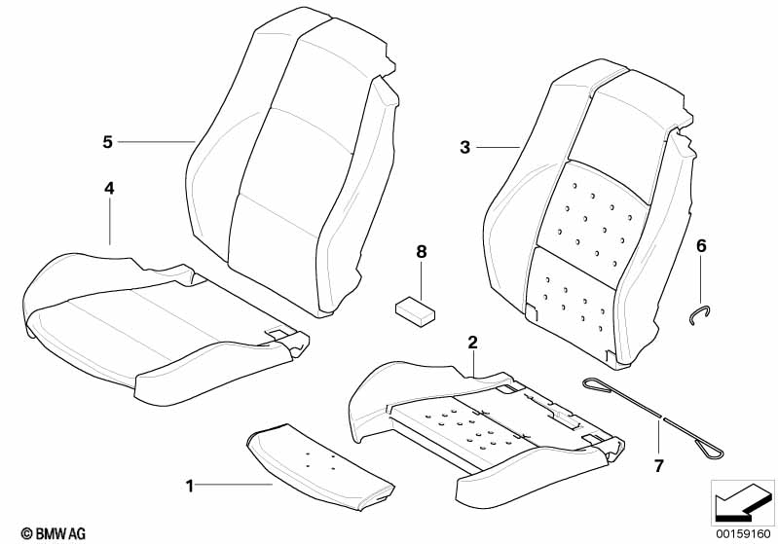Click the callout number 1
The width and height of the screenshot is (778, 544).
pyautogui.click(x=190, y=484)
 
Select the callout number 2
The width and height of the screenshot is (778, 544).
pyautogui.click(x=472, y=342)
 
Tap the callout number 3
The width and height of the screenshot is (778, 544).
pyautogui.click(x=464, y=147)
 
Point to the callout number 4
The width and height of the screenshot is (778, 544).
pyautogui.click(x=109, y=188)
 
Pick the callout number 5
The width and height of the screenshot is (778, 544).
pyautogui.click(x=107, y=142)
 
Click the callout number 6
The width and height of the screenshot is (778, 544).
pyautogui.click(x=700, y=245)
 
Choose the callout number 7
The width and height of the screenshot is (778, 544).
pyautogui.click(x=658, y=466)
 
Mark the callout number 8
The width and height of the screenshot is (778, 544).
pyautogui.click(x=422, y=252)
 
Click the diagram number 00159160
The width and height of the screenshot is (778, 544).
pyautogui.click(x=745, y=533)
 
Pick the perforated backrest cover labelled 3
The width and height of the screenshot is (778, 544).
pyautogui.click(x=584, y=224)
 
